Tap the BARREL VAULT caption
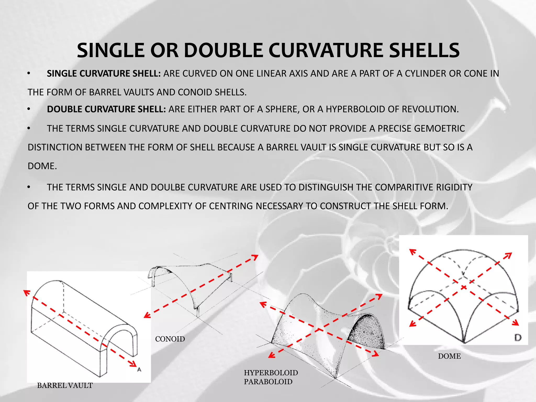[65, 386]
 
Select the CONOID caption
[170, 339]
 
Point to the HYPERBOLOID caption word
[271, 373]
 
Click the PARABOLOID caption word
[268, 382]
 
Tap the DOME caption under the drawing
[449, 356]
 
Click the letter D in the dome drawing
[518, 338]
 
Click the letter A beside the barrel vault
[139, 370]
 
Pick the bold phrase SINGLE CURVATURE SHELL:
[104, 74]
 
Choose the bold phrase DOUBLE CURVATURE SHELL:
[106, 109]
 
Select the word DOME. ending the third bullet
[42, 166]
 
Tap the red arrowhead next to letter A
[133, 364]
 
